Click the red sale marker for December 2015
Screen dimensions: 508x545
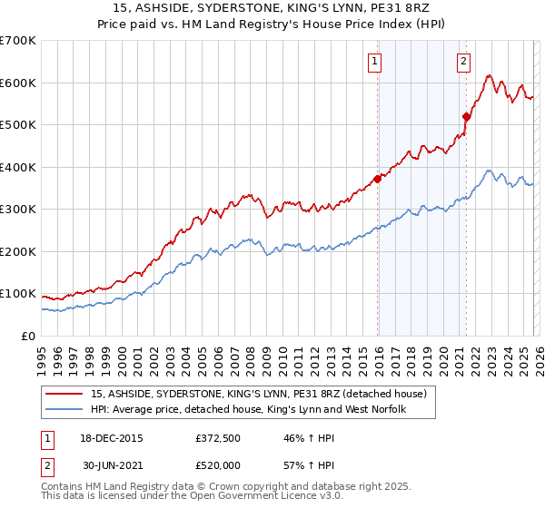377,179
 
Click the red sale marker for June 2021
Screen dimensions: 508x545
466,116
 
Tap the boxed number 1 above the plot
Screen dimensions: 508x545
374,62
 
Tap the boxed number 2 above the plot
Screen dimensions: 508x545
463,62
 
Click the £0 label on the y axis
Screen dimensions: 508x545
29,336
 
